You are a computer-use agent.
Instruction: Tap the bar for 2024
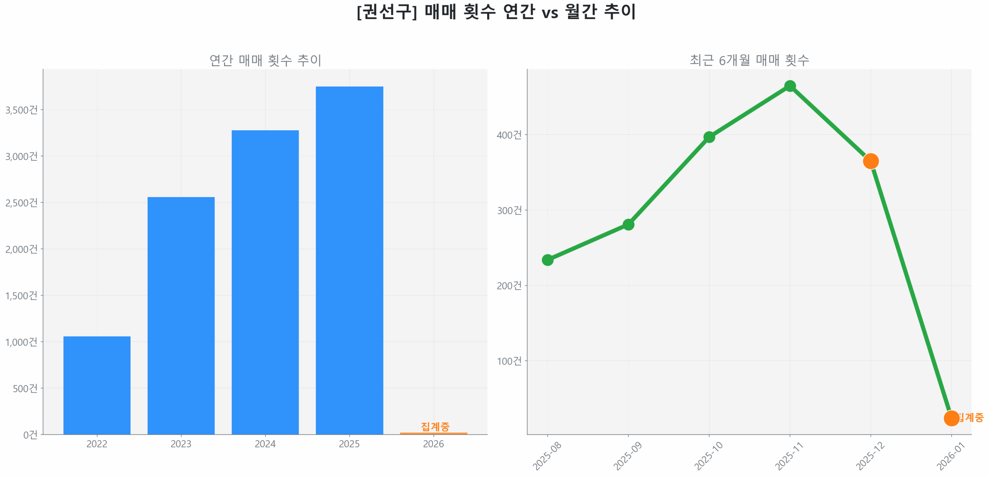click(265, 282)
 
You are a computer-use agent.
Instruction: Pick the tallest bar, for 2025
click(349, 260)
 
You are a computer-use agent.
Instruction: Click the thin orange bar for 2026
click(433, 433)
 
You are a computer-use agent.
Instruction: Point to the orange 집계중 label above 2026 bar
click(435, 426)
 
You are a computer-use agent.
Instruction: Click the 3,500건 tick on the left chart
click(22, 110)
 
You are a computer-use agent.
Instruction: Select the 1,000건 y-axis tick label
click(22, 342)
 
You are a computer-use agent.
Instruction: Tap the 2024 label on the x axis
click(265, 444)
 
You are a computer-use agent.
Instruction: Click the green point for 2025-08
click(547, 260)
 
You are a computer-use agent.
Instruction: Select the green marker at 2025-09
click(628, 225)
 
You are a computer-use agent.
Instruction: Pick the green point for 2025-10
click(709, 137)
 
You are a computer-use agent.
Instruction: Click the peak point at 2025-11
click(790, 86)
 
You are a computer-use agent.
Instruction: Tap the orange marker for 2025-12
click(871, 161)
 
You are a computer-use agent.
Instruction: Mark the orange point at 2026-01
click(951, 418)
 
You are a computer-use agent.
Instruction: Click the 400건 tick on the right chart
click(509, 135)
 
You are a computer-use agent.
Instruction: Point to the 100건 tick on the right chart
click(509, 361)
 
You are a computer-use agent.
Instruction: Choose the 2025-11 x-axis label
click(789, 456)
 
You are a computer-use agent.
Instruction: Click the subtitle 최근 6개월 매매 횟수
click(749, 60)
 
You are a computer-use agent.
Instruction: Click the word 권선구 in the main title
click(386, 12)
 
